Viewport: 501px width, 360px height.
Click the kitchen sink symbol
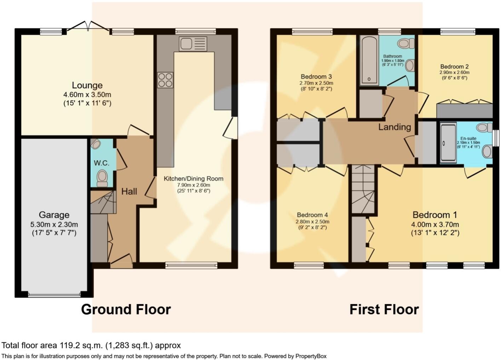[x=193, y=44]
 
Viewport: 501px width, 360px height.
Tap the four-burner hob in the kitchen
[x=165, y=80]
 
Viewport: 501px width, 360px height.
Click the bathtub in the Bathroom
[x=369, y=60]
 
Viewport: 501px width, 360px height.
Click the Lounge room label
[x=87, y=85]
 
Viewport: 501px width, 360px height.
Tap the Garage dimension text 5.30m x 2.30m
[x=54, y=224]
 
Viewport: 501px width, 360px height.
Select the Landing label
[x=395, y=127]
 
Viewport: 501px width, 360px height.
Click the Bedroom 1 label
[x=435, y=215]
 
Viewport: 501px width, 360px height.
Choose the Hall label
[x=129, y=191]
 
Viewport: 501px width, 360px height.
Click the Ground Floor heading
[x=126, y=309]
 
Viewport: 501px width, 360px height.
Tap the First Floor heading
[x=384, y=309]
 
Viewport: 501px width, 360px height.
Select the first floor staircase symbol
[x=363, y=190]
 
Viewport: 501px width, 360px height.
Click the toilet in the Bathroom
[x=406, y=44]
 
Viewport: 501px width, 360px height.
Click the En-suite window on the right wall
[x=496, y=138]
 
